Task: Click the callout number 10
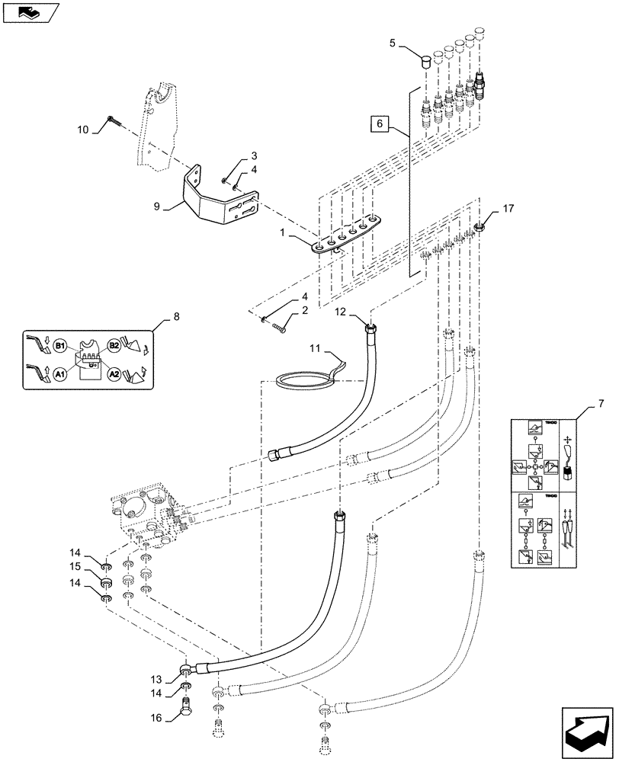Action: [x=84, y=130]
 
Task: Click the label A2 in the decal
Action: [x=114, y=374]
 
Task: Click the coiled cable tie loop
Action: [x=305, y=379]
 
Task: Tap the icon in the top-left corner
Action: [x=29, y=11]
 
